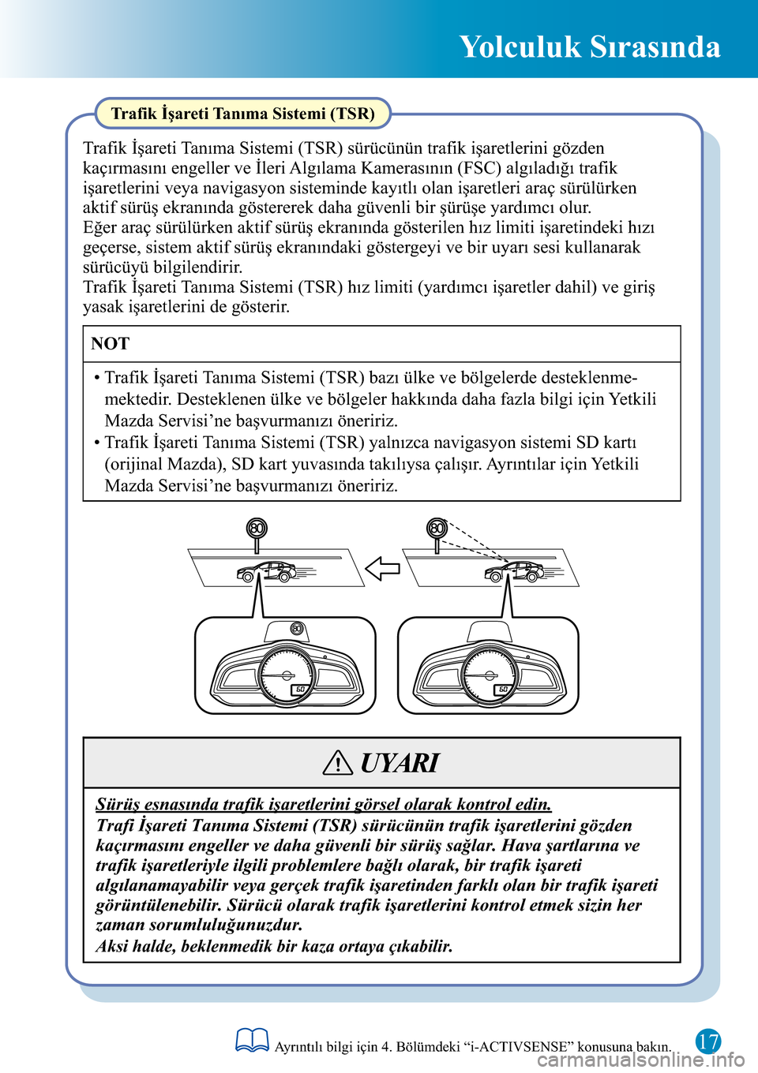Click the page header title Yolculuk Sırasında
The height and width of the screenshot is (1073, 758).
click(x=589, y=47)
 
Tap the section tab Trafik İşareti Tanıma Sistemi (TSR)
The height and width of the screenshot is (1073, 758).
click(x=242, y=114)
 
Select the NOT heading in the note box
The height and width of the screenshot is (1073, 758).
click(x=111, y=344)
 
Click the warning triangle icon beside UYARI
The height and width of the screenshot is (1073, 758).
click(x=337, y=762)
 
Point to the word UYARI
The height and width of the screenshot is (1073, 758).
click(x=400, y=763)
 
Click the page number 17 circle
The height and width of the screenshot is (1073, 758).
click(x=708, y=1041)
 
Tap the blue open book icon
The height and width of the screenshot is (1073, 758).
click(x=252, y=1041)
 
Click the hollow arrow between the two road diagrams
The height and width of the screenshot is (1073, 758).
click(x=383, y=568)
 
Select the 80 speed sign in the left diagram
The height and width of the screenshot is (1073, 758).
click(x=257, y=528)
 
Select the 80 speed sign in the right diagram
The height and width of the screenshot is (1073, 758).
click(x=437, y=528)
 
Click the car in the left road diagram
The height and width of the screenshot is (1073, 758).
click(x=266, y=571)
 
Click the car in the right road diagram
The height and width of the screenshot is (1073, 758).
click(x=514, y=571)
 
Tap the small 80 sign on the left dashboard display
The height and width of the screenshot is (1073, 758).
click(x=297, y=628)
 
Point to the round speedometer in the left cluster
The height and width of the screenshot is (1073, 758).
click(x=287, y=675)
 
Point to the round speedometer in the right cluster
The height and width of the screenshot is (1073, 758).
click(x=490, y=675)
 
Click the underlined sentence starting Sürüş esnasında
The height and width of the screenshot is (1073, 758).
click(x=324, y=804)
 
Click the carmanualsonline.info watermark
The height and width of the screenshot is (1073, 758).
click(x=641, y=1060)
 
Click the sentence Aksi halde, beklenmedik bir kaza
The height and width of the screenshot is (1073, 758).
click(x=274, y=946)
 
